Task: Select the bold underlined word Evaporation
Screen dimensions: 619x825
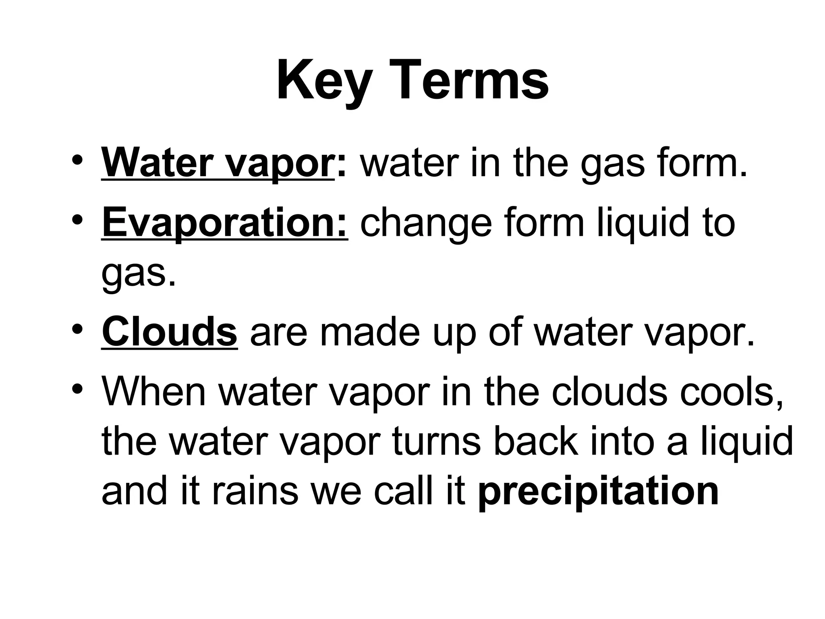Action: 224,223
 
